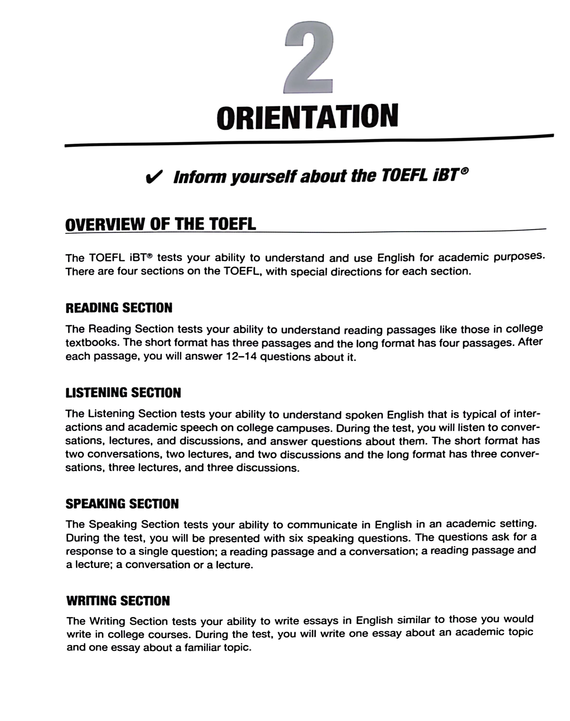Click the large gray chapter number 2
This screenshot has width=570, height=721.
(x=309, y=58)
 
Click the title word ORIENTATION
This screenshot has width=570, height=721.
(x=307, y=117)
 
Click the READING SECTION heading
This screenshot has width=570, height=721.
(x=119, y=308)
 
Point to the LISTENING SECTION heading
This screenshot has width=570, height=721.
(x=123, y=393)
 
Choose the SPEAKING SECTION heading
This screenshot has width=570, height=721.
(x=122, y=504)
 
